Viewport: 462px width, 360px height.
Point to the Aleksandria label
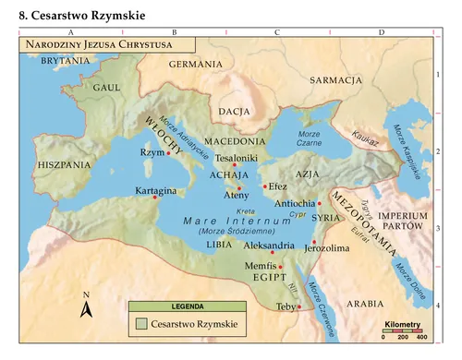point(270,246)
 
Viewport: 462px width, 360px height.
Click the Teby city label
point(285,306)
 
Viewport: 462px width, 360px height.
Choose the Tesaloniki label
point(236,158)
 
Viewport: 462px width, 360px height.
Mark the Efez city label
point(278,186)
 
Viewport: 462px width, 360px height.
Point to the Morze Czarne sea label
point(308,138)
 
